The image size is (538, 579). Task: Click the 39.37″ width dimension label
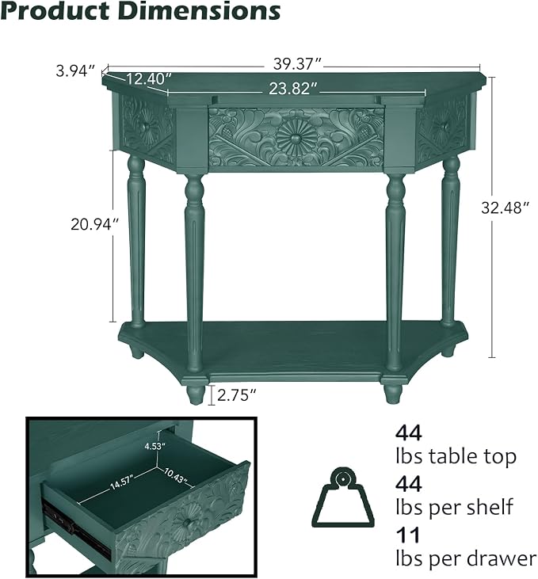(x=298, y=64)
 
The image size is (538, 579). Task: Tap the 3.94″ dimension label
(x=76, y=70)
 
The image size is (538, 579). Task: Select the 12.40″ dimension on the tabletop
(x=149, y=78)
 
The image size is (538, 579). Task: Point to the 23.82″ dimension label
(x=293, y=89)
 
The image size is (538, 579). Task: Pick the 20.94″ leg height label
(x=95, y=224)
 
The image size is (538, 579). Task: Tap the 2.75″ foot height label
(x=236, y=395)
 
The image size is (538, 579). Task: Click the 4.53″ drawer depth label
(x=155, y=446)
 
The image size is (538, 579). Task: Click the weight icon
(x=343, y=497)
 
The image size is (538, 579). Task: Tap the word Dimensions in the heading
(x=200, y=11)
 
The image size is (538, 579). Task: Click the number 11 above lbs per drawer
(x=408, y=535)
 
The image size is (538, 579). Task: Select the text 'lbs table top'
(x=456, y=456)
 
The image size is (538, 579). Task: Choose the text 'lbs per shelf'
(x=454, y=507)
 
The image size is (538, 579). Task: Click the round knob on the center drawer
(x=296, y=139)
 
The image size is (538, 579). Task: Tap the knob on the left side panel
(x=143, y=127)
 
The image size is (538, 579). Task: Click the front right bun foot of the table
(x=393, y=394)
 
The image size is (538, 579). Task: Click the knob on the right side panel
(x=445, y=126)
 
